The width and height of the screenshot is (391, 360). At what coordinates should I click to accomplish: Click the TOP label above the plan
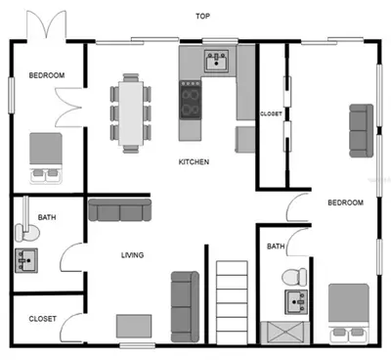[x=202, y=16]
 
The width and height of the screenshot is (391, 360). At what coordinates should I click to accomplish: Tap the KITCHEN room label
[x=194, y=161]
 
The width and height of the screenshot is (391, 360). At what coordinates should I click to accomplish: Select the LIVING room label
[x=132, y=255]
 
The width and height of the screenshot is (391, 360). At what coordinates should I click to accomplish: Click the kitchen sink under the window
[x=216, y=61]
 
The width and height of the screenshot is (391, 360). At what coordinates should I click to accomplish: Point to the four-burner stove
[x=191, y=100]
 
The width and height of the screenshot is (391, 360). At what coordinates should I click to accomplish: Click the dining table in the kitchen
[x=131, y=113]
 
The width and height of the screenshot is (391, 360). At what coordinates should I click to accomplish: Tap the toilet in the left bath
[x=27, y=232]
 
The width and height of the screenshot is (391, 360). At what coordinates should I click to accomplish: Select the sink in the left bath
[x=26, y=260]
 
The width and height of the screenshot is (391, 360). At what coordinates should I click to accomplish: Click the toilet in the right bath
[x=294, y=277]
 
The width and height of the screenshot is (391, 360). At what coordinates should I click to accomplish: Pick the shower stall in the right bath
[x=285, y=333]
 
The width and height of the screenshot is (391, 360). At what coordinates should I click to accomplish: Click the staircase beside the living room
[x=232, y=302]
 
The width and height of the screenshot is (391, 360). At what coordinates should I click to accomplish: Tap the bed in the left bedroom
[x=46, y=158]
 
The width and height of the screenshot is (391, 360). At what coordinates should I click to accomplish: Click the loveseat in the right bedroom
[x=362, y=131]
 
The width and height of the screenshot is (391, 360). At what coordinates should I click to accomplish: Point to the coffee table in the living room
[x=134, y=326]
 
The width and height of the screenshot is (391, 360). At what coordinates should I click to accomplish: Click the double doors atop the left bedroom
[x=47, y=26]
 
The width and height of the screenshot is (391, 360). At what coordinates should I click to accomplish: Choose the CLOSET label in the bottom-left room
[x=42, y=319]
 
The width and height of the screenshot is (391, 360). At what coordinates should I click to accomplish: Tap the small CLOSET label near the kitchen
[x=271, y=114]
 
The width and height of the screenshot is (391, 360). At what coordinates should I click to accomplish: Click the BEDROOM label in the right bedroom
[x=345, y=202]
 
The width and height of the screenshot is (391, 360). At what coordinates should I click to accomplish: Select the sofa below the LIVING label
[x=185, y=307]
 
